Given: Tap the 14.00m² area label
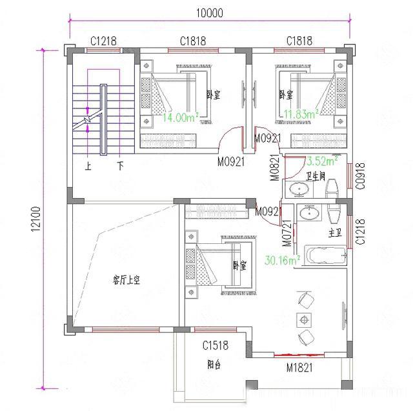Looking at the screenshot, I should [180, 117].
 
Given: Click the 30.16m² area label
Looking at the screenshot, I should [283, 261].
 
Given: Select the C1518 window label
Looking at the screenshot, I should [216, 346].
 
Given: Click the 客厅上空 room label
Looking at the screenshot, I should [126, 279].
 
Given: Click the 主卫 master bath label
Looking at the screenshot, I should [334, 233].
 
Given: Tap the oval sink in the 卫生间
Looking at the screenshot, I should [298, 190].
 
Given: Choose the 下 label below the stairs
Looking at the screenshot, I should [120, 166].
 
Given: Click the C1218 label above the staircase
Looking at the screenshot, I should [103, 41].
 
